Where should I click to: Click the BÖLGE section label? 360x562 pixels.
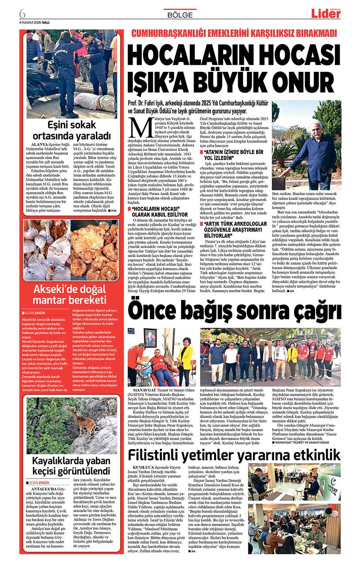[180, 14]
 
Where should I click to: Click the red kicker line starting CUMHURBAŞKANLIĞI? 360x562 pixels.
[234, 34]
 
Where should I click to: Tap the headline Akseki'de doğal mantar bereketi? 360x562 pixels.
[72, 294]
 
